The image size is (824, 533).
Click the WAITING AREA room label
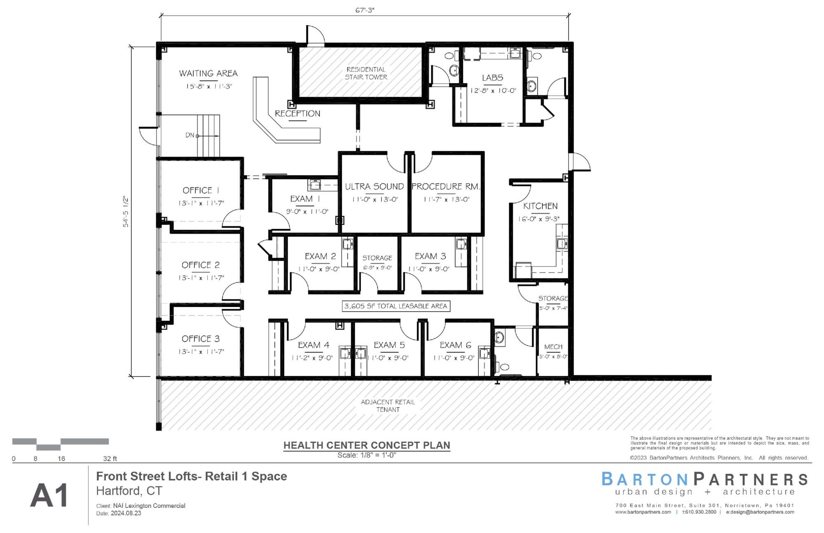pos(208,73)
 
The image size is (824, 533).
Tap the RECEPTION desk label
pos(297,114)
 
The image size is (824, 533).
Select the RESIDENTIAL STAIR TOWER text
pos(366,73)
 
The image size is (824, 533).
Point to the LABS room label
pos(492,77)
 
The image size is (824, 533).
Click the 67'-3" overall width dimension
pos(365,10)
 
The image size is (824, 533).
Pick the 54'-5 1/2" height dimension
pos(126,212)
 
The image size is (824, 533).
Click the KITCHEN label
pos(540,206)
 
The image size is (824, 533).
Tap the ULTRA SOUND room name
pos(374,187)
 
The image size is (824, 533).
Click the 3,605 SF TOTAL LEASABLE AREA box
pos(396,306)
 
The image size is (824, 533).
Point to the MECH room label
pos(553,347)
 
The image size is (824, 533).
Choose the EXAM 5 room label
pos(389,345)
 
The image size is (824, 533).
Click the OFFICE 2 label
pos(201,265)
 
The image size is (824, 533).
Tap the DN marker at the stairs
pos(190,135)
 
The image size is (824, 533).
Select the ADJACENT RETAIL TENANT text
pos(388,406)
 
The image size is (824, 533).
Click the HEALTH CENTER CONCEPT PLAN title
pos(367,445)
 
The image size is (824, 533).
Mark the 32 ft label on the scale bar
pos(110,458)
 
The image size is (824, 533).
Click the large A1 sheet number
pos(49,496)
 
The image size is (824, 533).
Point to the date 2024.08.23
pos(126,513)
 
